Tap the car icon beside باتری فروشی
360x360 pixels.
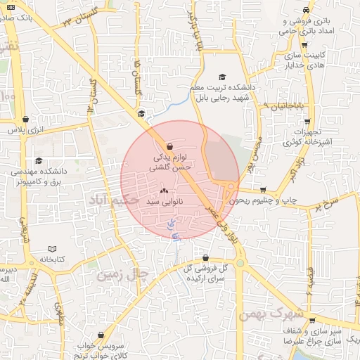[305, 11]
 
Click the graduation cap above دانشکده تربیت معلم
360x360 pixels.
[223, 77]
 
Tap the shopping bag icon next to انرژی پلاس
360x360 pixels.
[27, 120]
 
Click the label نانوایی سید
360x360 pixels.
[164, 202]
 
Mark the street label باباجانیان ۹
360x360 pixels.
[288, 105]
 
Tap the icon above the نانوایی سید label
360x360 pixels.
[164, 191]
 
